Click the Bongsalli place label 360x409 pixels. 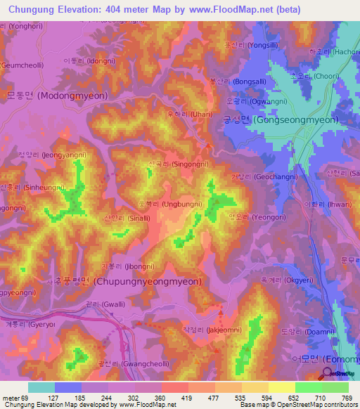(245, 82)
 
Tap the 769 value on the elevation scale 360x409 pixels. (347, 398)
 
